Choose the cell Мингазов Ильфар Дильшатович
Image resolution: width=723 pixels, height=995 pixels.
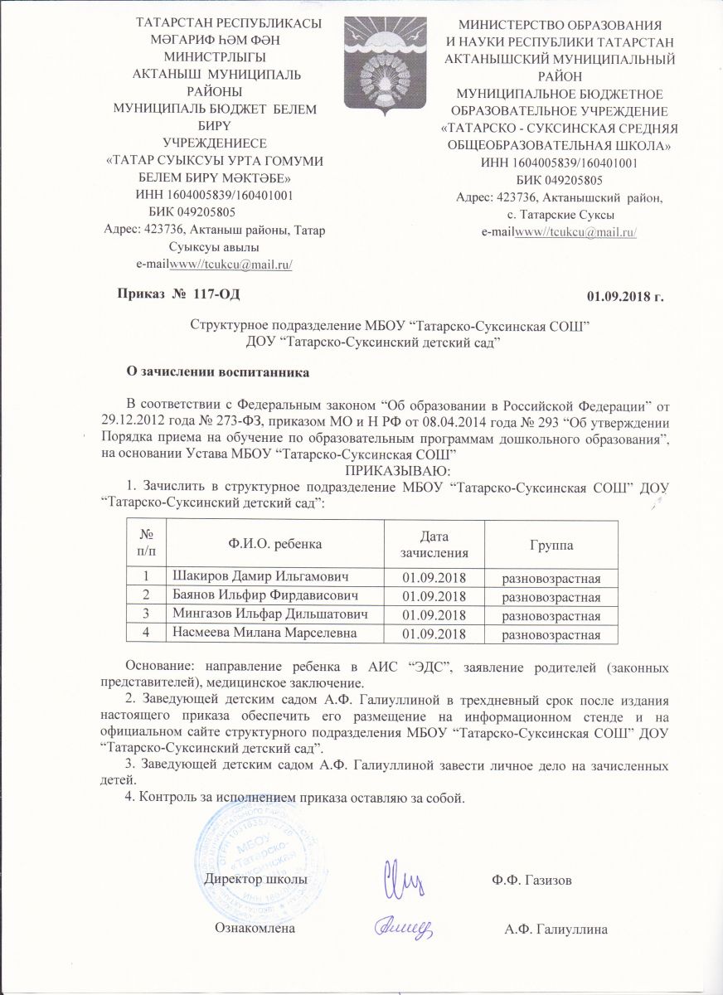tap(269, 614)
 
